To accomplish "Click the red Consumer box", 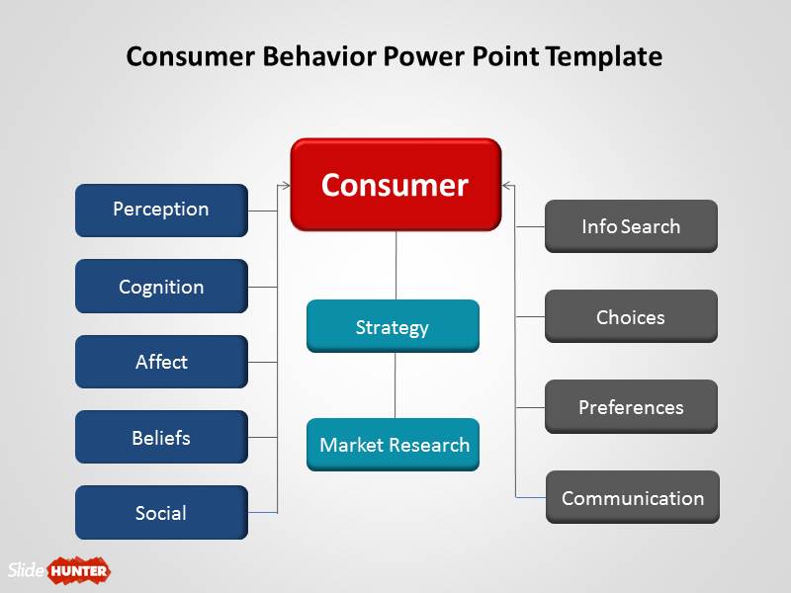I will click(395, 185).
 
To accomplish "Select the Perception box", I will click(161, 210).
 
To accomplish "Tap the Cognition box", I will click(161, 287).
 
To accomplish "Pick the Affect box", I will click(161, 362).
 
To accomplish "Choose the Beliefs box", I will click(161, 437).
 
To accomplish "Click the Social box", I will click(161, 512).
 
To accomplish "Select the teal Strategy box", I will click(393, 326).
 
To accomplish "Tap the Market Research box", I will click(393, 445).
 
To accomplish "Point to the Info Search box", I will click(631, 226).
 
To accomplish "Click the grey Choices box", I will click(631, 316).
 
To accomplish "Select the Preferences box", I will click(631, 406).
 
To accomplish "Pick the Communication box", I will click(633, 497).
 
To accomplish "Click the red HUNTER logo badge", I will click(78, 570).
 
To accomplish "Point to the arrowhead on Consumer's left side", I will click(286, 185).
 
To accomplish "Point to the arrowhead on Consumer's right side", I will click(505, 185).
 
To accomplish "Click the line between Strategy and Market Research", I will click(395, 385).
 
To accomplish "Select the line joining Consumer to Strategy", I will click(395, 265).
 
